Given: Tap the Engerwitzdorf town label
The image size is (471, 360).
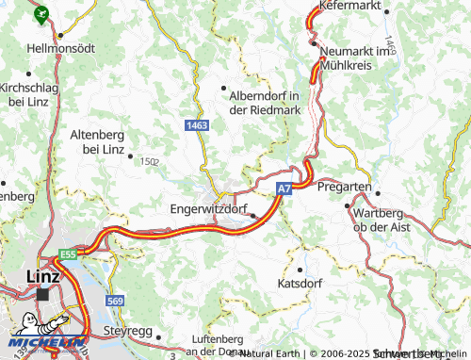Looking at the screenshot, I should pyautogui.click(x=210, y=208).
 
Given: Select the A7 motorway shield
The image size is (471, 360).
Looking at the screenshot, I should pyautogui.click(x=284, y=189).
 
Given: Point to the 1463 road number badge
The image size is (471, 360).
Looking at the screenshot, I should pyautogui.click(x=197, y=124).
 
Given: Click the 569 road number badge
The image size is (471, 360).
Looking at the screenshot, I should pyautogui.click(x=115, y=301).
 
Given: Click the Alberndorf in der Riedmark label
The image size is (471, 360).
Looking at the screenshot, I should pyautogui.click(x=265, y=101).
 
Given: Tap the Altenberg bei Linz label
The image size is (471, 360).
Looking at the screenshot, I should pyautogui.click(x=99, y=142).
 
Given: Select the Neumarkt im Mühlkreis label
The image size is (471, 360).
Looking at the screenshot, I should pyautogui.click(x=354, y=58).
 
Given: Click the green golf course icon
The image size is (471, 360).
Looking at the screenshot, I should pyautogui.click(x=41, y=14).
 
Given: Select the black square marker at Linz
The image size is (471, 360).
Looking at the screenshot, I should pyautogui.click(x=42, y=294).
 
